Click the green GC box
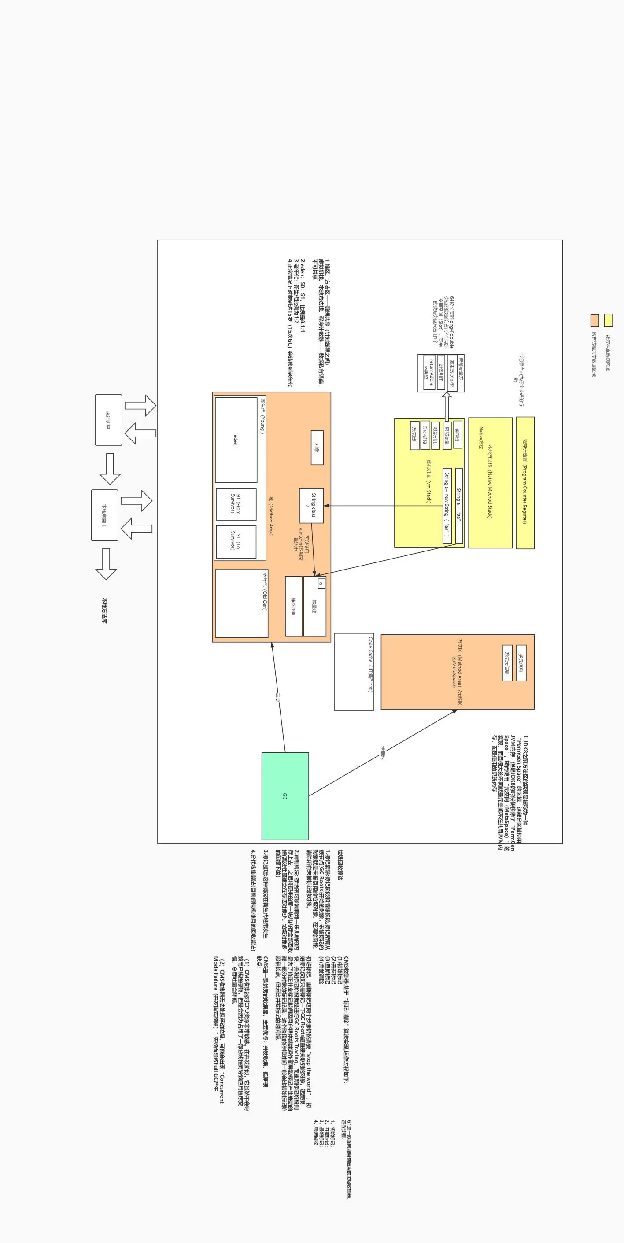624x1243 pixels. (285, 796)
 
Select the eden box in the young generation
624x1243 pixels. (236, 440)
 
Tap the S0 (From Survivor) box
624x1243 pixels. (236, 504)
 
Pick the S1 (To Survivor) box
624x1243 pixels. (236, 541)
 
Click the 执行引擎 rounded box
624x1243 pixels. (108, 419)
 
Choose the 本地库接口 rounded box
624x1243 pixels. (104, 515)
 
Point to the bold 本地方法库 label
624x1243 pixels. (104, 610)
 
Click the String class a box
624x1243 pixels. (311, 505)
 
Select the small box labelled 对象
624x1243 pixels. (317, 448)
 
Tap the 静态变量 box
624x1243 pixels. (293, 606)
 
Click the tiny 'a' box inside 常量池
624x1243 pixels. (321, 583)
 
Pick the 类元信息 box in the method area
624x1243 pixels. (521, 662)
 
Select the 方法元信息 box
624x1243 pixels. (507, 662)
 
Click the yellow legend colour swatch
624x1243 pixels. (608, 320)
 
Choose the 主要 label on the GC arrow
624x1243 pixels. (278, 697)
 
